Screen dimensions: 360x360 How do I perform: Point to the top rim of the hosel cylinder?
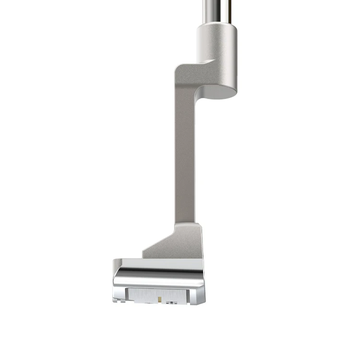coord(216,26)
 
